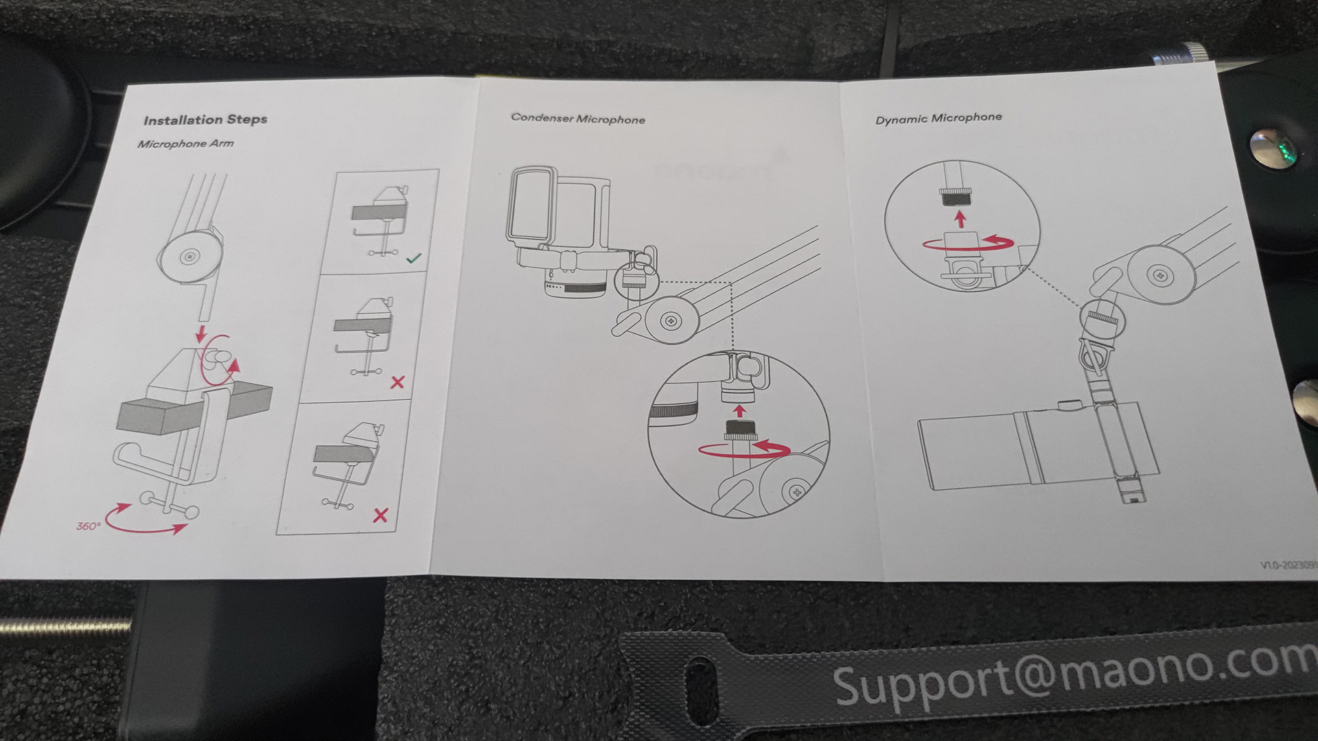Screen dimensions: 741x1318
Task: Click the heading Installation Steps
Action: pyautogui.click(x=205, y=120)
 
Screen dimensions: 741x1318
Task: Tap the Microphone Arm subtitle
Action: pyautogui.click(x=185, y=143)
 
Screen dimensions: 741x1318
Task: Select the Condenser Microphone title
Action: pyautogui.click(x=578, y=119)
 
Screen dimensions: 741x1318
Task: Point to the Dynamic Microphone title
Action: pyautogui.click(x=938, y=118)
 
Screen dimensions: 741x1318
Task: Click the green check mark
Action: pyautogui.click(x=413, y=259)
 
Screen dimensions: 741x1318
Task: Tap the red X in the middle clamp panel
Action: pyautogui.click(x=397, y=382)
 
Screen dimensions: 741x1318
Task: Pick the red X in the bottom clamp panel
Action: pyautogui.click(x=380, y=515)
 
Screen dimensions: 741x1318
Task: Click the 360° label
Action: pyautogui.click(x=89, y=526)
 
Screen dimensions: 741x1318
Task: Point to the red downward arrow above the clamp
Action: pyautogui.click(x=201, y=335)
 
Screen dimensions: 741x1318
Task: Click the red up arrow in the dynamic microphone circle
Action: pyautogui.click(x=961, y=220)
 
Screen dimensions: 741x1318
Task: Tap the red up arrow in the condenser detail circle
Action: pyautogui.click(x=739, y=410)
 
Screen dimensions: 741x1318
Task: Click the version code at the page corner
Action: pyautogui.click(x=1288, y=565)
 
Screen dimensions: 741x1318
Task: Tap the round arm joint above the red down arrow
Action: pyautogui.click(x=188, y=257)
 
